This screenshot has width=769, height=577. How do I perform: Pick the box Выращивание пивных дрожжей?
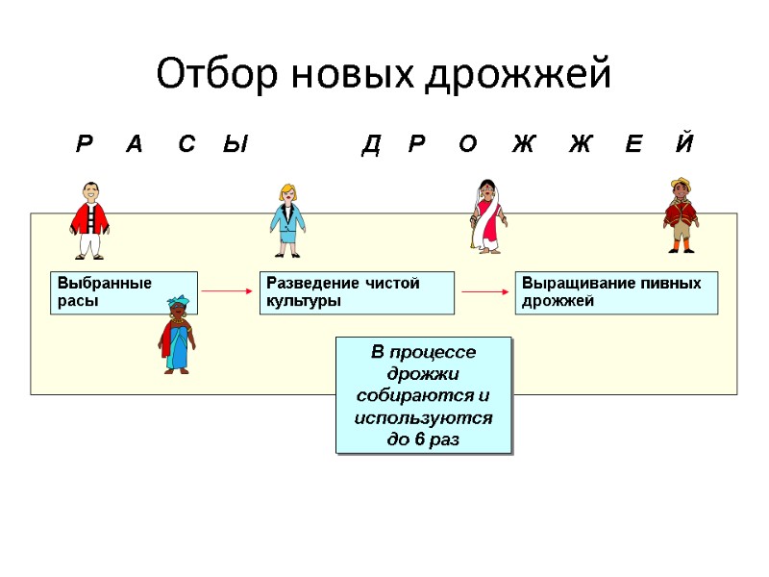pyautogui.click(x=617, y=292)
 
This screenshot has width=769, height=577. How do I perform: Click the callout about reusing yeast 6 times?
pyautogui.click(x=423, y=395)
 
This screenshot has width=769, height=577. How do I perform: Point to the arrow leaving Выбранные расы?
pyautogui.click(x=226, y=289)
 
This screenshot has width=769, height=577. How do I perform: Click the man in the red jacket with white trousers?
pyautogui.click(x=90, y=220)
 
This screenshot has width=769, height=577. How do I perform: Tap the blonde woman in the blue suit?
pyautogui.click(x=286, y=220)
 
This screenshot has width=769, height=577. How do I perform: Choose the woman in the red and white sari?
pyautogui.click(x=488, y=217)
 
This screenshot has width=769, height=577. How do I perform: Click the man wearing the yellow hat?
pyautogui.click(x=682, y=215)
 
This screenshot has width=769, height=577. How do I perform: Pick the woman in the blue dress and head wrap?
pyautogui.click(x=177, y=335)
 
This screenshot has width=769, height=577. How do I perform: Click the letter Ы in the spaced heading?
pyautogui.click(x=236, y=145)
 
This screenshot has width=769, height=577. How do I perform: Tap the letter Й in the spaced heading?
pyautogui.click(x=684, y=145)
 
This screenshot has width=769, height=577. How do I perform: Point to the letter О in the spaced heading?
pyautogui.click(x=468, y=145)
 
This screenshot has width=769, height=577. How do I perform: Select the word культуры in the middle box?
pyautogui.click(x=299, y=301)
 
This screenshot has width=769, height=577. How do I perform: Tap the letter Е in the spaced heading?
pyautogui.click(x=633, y=145)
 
